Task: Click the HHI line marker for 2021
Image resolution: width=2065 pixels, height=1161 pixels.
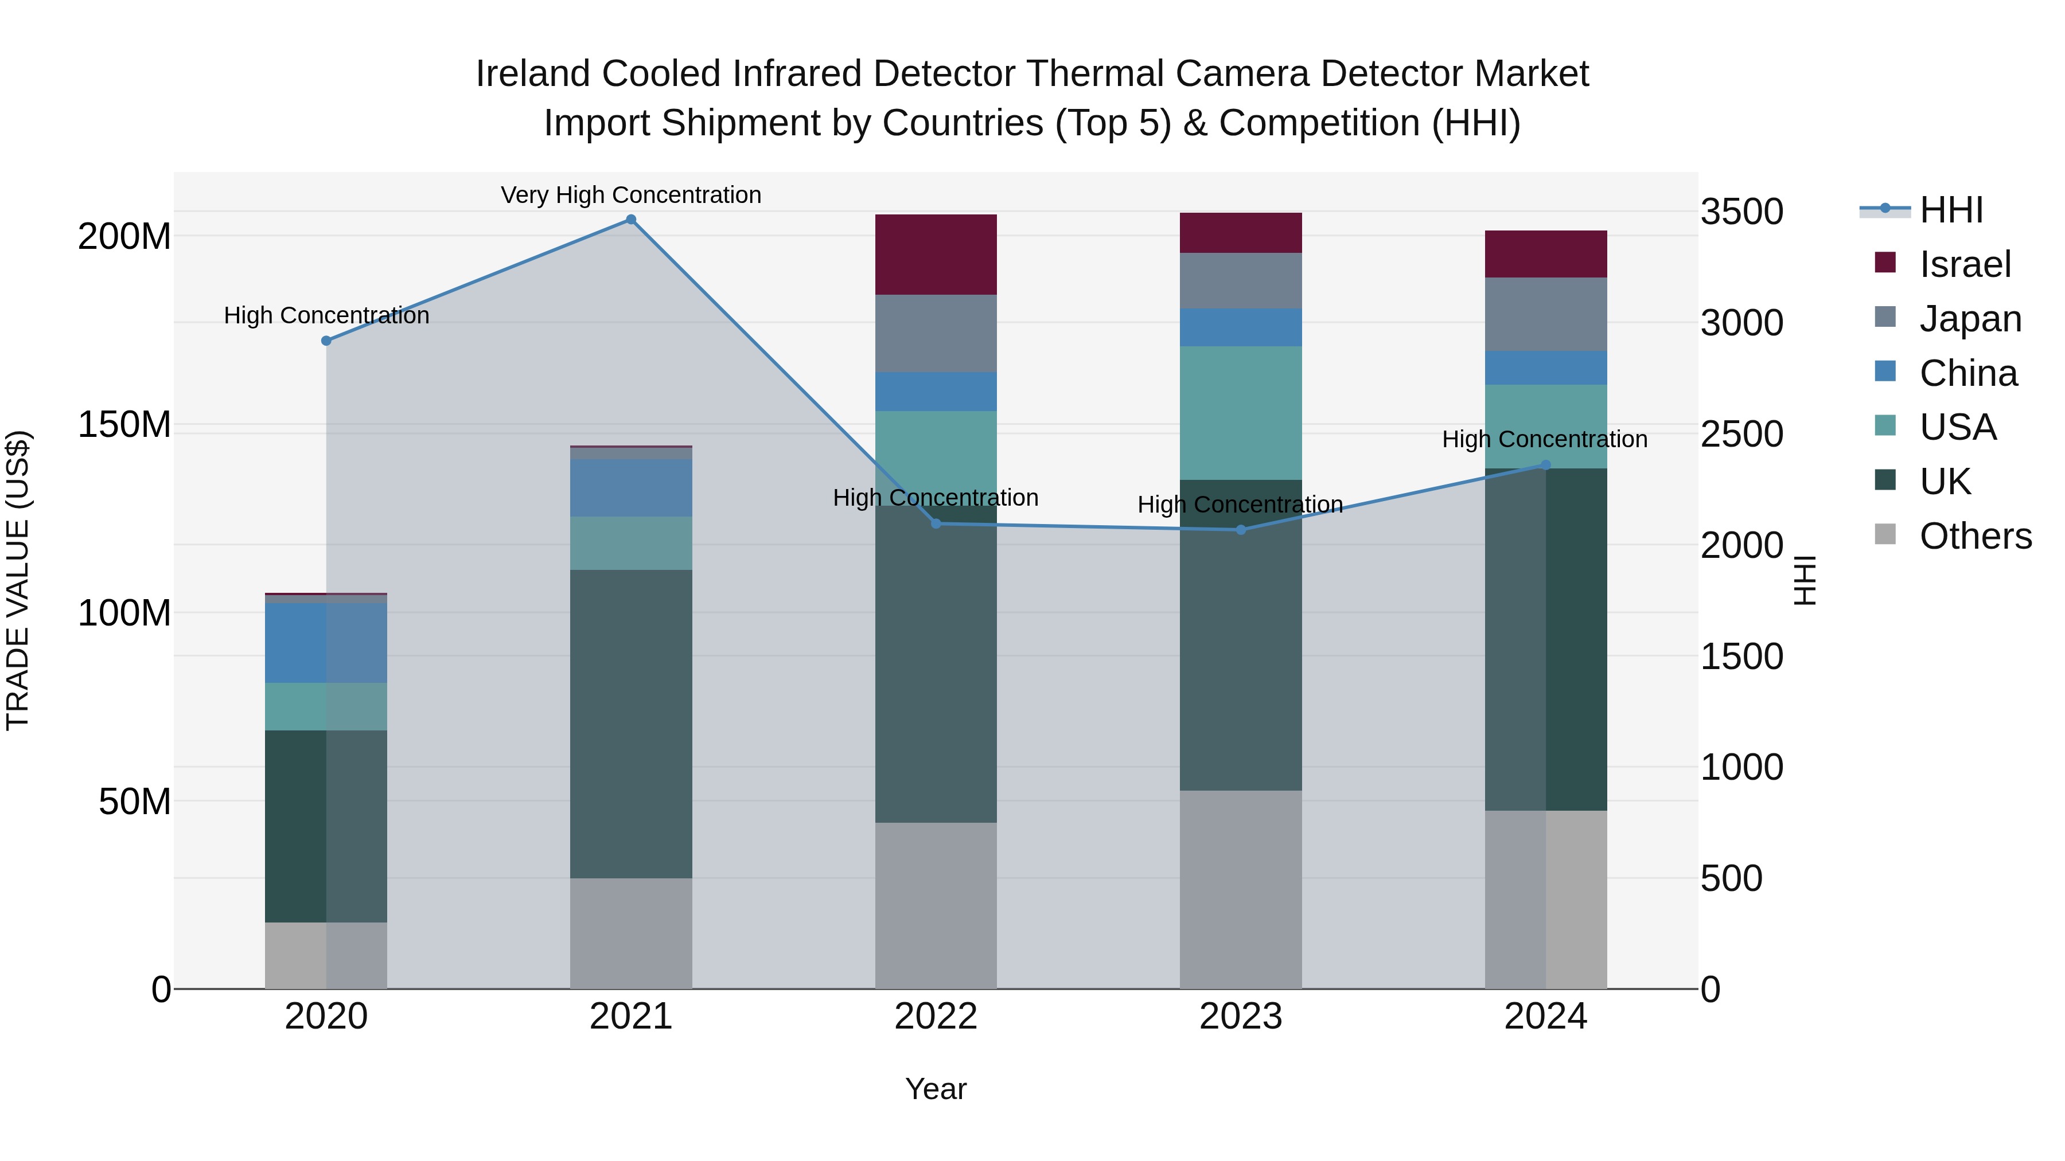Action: tap(631, 220)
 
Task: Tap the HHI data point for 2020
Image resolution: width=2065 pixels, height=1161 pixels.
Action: tap(326, 341)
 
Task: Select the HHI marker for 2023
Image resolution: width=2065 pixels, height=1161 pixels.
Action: tap(1241, 530)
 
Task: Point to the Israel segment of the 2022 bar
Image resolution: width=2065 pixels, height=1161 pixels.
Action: tap(936, 255)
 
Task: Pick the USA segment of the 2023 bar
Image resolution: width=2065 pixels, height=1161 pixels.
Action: tap(1241, 413)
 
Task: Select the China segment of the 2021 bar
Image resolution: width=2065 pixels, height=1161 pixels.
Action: tap(631, 487)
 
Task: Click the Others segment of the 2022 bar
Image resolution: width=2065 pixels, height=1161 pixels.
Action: tap(936, 905)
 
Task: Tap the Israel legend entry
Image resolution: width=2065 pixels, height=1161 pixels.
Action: tap(1965, 264)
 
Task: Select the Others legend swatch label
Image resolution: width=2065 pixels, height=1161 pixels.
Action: tap(1975, 536)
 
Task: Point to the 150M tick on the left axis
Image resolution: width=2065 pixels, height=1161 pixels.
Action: tap(124, 425)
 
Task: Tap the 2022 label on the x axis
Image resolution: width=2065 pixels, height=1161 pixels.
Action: tap(936, 1017)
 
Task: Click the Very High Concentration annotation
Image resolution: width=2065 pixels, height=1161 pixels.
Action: tap(631, 195)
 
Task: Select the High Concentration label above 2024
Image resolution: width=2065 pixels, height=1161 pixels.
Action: tap(1545, 439)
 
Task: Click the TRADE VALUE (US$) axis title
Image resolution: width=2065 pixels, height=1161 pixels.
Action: tap(18, 580)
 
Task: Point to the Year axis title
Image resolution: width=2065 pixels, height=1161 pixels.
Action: tap(936, 1089)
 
